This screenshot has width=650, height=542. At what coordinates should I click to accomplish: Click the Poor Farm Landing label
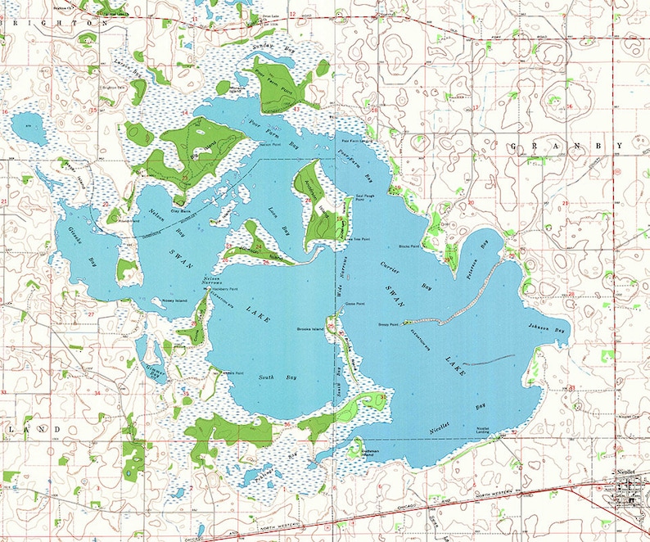[350, 140]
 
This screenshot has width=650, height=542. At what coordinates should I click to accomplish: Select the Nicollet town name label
[629, 482]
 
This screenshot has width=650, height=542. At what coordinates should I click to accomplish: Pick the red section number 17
[476, 108]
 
